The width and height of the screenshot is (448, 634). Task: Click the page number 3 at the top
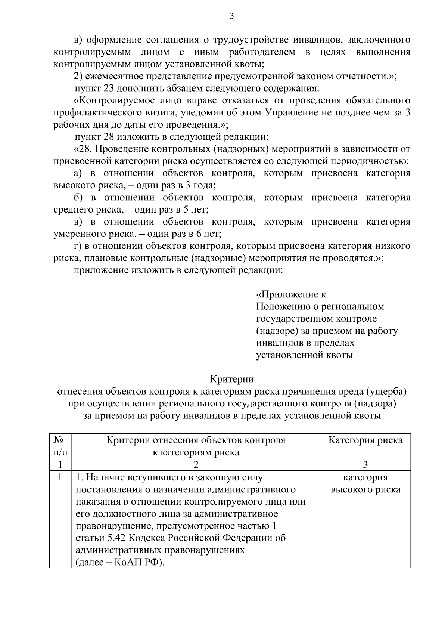(x=231, y=16)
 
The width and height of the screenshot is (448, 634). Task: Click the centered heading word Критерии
(x=231, y=379)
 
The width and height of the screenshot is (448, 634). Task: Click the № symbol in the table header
(x=58, y=440)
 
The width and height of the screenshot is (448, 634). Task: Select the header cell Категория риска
(x=365, y=440)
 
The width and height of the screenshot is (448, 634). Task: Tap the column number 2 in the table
(x=196, y=464)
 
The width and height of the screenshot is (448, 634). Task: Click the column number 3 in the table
(x=365, y=464)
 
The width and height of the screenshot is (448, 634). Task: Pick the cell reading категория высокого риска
(x=365, y=483)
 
